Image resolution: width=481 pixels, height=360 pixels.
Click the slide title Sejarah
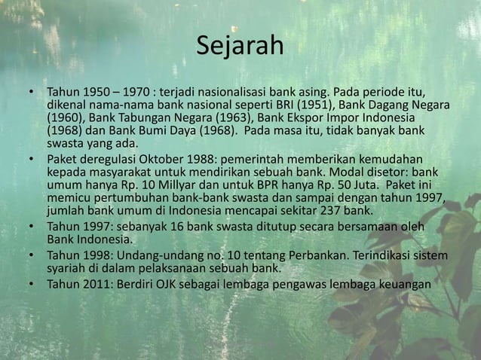[240, 47]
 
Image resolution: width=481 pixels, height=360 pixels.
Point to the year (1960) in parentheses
[65, 119]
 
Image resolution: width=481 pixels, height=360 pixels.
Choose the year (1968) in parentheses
[65, 132]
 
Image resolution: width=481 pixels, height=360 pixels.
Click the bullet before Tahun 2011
[32, 284]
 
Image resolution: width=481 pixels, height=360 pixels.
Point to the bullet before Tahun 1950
[32, 93]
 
